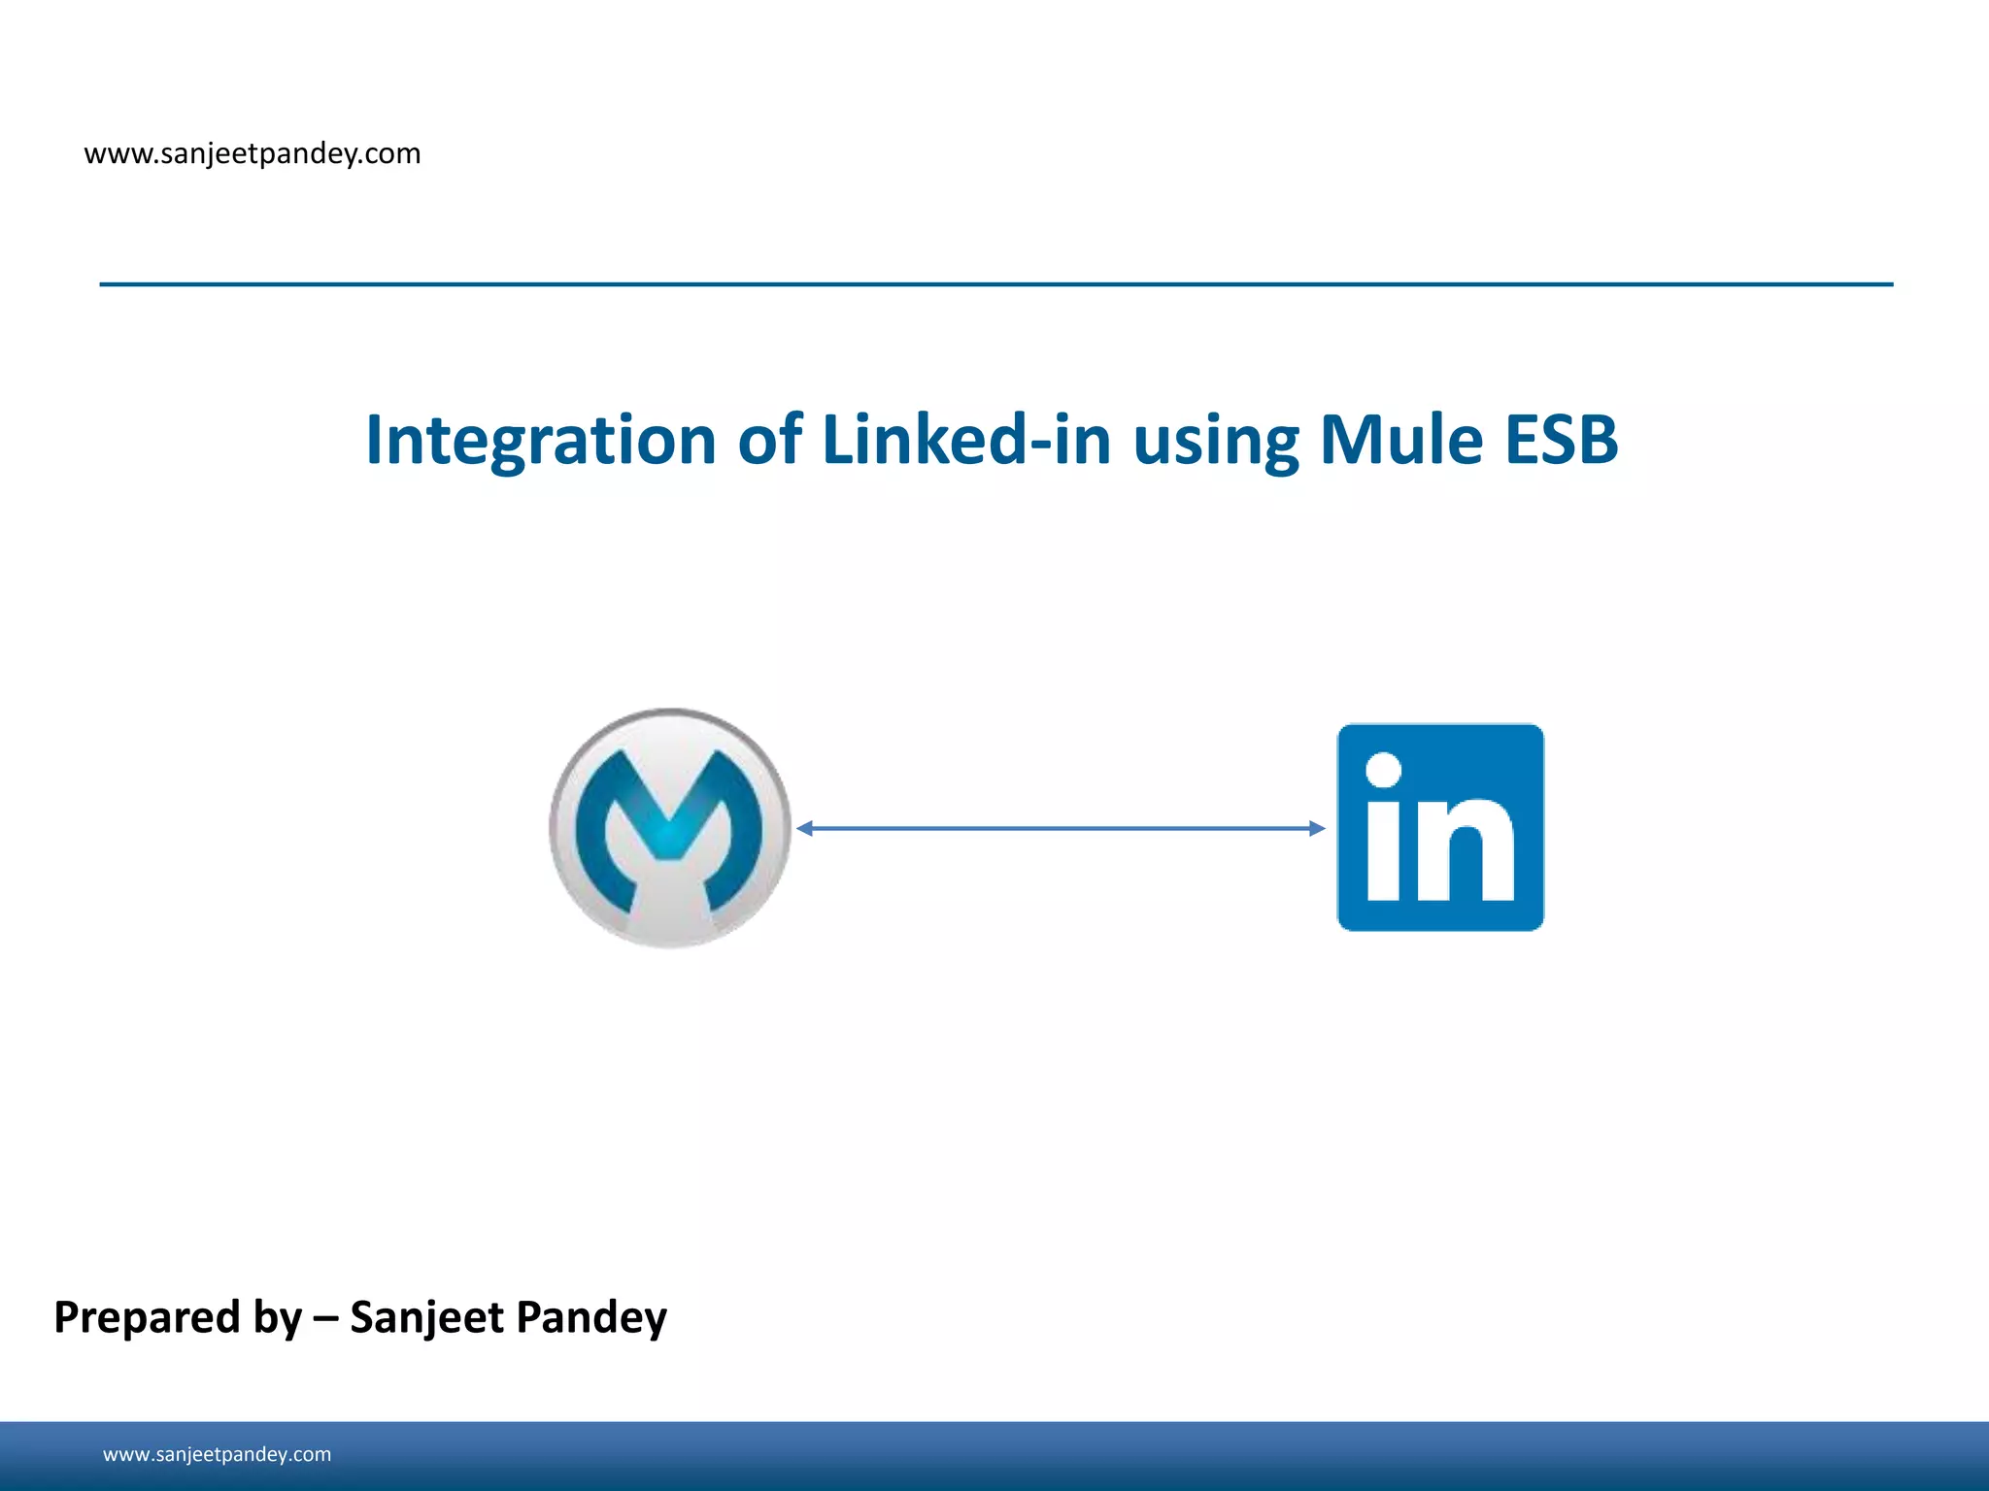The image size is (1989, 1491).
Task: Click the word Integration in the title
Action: [x=540, y=441]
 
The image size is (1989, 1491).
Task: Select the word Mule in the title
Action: [x=1401, y=441]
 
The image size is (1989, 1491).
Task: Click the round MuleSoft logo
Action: [x=670, y=828]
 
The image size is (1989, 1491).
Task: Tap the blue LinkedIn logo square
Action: [x=1440, y=827]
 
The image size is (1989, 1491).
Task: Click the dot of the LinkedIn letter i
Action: [x=1383, y=770]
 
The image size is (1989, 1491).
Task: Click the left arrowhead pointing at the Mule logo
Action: [x=804, y=828]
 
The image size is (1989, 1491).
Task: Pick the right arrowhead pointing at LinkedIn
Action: [x=1317, y=828]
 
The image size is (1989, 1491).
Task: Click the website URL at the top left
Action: [x=253, y=153]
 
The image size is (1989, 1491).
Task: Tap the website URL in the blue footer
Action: [x=217, y=1454]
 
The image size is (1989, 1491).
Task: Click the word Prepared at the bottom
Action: [x=147, y=1318]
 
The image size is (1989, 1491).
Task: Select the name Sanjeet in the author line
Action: [x=426, y=1318]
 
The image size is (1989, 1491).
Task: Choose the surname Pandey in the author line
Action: [x=590, y=1318]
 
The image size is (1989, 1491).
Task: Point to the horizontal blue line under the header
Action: [x=995, y=284]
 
